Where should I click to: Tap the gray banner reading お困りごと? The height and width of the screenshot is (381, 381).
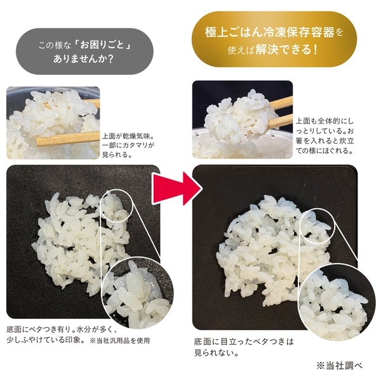[x=85, y=51]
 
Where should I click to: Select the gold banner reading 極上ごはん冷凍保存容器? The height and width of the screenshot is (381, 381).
[x=274, y=39]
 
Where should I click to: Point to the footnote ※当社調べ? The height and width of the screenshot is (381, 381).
[x=340, y=365]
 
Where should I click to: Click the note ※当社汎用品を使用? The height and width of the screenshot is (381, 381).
[x=119, y=340]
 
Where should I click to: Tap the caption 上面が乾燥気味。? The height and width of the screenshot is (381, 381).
[x=128, y=136]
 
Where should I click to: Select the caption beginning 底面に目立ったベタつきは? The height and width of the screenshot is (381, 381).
[x=244, y=347]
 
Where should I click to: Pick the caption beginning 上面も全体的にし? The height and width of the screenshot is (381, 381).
[x=325, y=136]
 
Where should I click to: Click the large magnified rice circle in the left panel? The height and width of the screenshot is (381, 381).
[x=138, y=292]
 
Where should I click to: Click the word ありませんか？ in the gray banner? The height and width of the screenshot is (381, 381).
[x=83, y=59]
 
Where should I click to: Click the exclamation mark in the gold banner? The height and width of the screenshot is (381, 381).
[x=316, y=50]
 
